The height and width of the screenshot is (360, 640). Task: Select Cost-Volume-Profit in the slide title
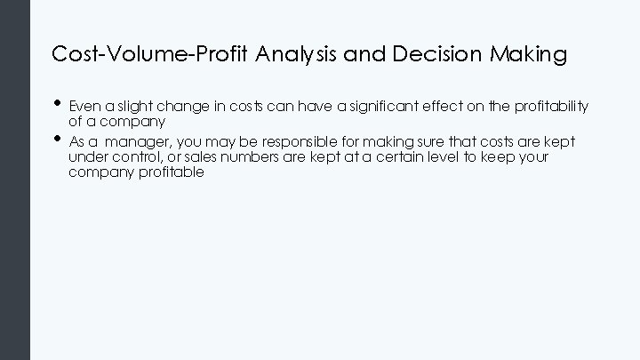click(151, 54)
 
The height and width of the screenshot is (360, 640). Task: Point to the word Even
click(84, 107)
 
